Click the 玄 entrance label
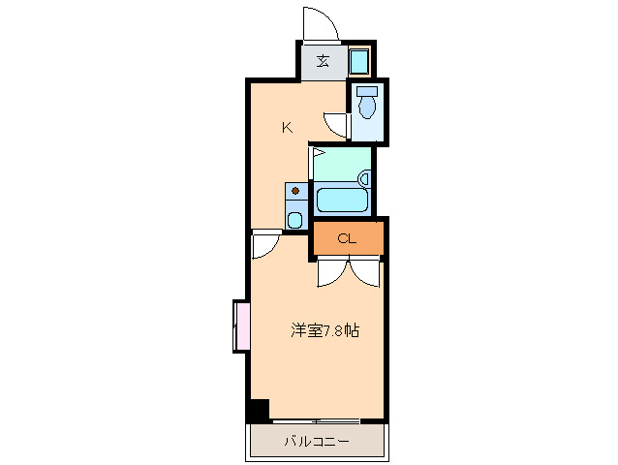322,62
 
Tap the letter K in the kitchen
287,127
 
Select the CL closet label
347,239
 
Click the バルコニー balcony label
317,442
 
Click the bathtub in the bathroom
341,201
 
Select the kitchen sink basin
294,219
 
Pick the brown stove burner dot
294,191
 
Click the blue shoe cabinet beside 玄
359,63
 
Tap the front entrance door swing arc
321,23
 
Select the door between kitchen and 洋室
264,244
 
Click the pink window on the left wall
240,326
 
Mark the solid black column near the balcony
258,410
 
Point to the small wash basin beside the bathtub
364,178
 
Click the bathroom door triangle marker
317,152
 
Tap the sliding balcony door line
316,420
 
